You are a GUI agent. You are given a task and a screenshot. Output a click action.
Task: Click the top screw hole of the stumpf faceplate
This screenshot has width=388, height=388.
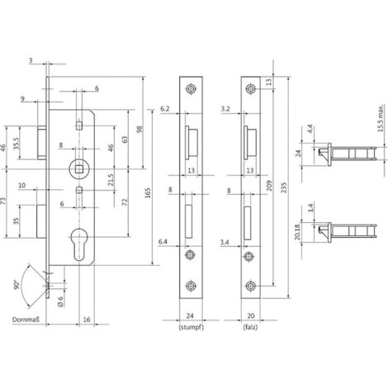click(192, 89)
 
